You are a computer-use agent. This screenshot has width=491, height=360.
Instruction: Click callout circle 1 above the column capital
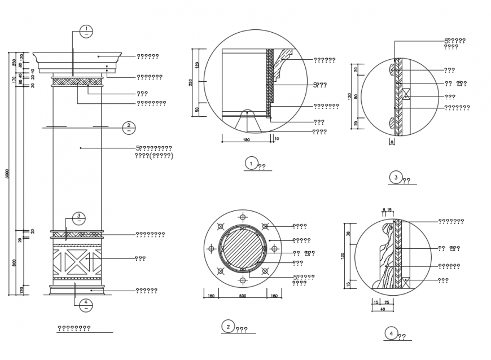(x=85, y=31)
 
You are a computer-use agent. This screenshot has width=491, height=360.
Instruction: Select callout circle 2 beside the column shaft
(x=128, y=127)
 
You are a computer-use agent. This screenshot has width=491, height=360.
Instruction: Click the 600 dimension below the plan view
(x=243, y=296)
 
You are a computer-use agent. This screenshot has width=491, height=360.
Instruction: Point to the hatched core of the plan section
(x=242, y=248)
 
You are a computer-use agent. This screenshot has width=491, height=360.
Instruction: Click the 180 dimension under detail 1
(x=246, y=139)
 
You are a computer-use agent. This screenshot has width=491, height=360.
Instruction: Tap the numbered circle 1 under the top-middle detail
(x=251, y=164)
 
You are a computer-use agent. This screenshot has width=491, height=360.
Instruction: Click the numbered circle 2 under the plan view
(x=227, y=327)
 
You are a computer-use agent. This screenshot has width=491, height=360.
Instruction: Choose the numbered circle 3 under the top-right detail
(x=396, y=178)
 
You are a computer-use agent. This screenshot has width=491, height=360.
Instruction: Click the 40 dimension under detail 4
(x=382, y=309)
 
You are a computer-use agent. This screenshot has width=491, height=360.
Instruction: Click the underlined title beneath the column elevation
(x=74, y=328)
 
